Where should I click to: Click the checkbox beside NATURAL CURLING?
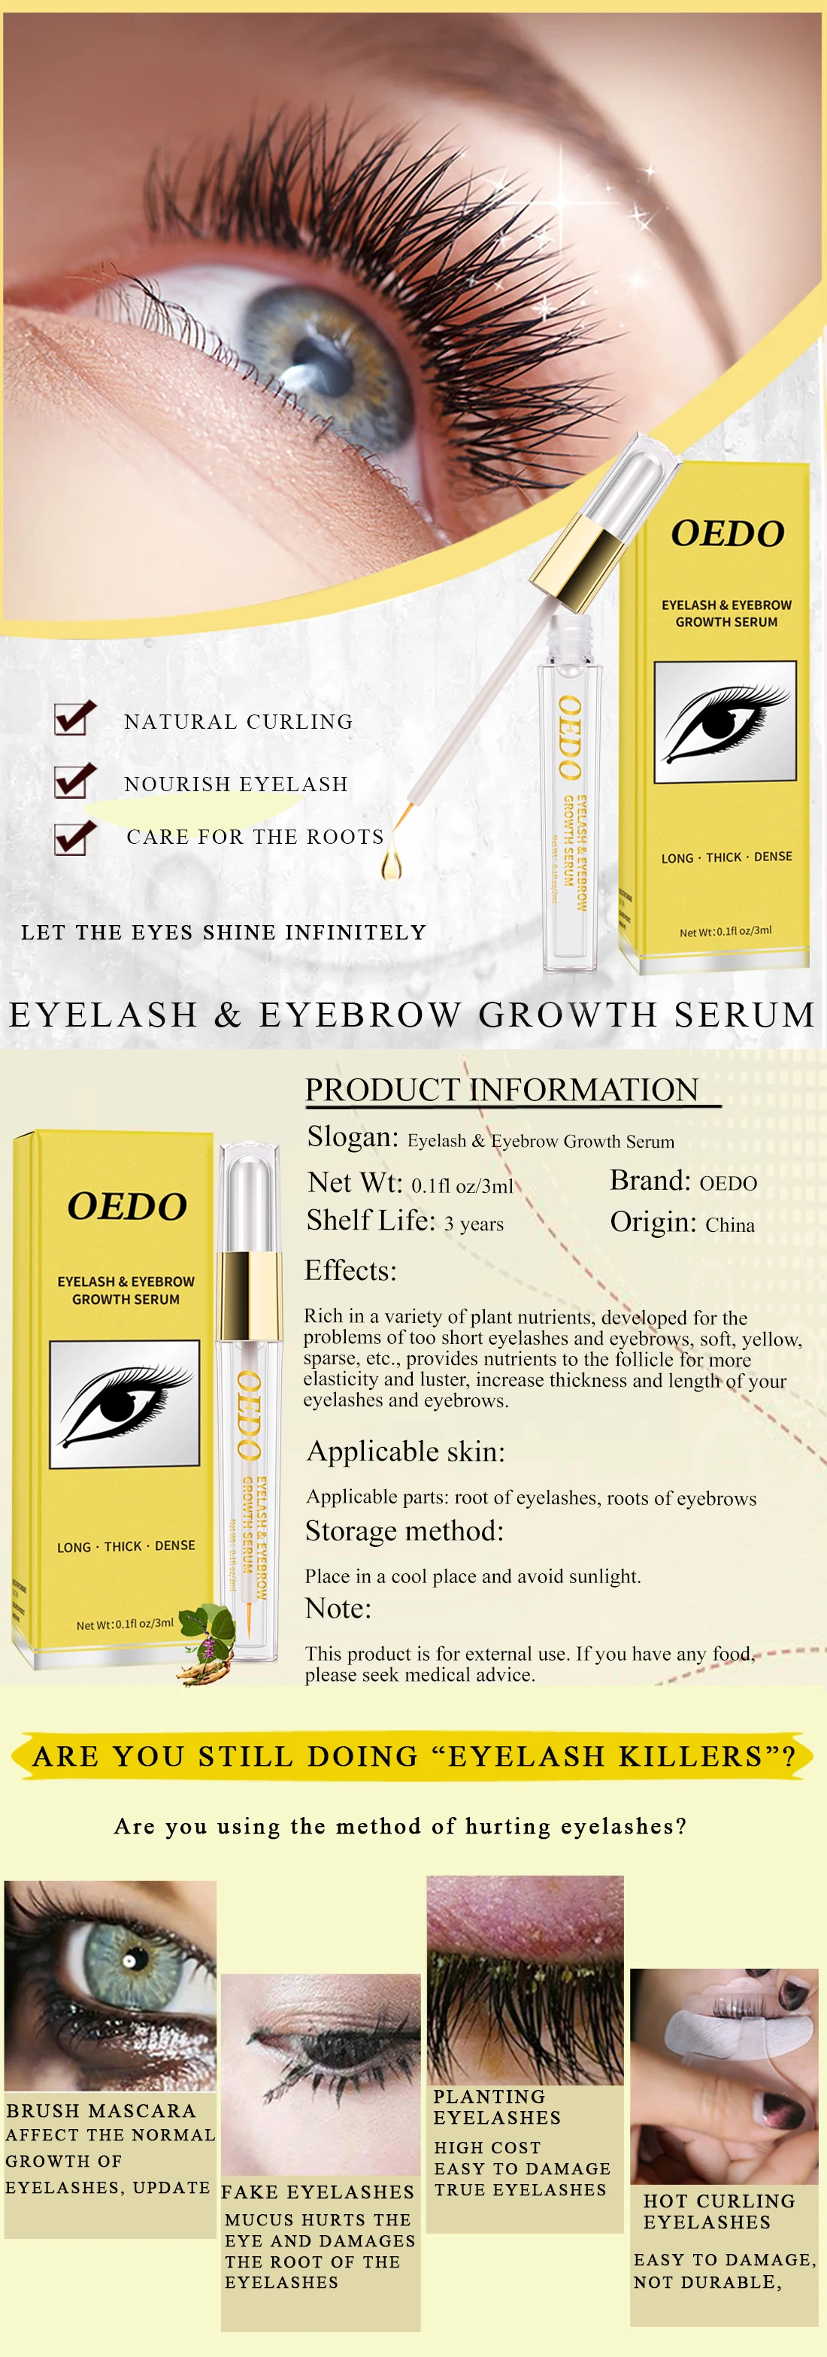pyautogui.click(x=74, y=718)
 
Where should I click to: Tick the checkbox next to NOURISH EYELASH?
pyautogui.click(x=74, y=781)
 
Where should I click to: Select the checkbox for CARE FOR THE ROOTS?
pyautogui.click(x=74, y=837)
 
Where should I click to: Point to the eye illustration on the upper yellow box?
pyautogui.click(x=725, y=722)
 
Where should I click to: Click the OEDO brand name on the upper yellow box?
pyautogui.click(x=727, y=533)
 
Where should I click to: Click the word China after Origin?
pyautogui.click(x=729, y=1225)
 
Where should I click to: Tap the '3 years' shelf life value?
pyautogui.click(x=474, y=1224)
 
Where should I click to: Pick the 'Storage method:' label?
pyautogui.click(x=404, y=1530)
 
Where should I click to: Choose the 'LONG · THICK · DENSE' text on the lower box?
pyautogui.click(x=126, y=1546)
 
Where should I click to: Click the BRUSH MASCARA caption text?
pyautogui.click(x=101, y=2111)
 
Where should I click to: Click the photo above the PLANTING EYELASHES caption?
pyautogui.click(x=525, y=1980)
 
